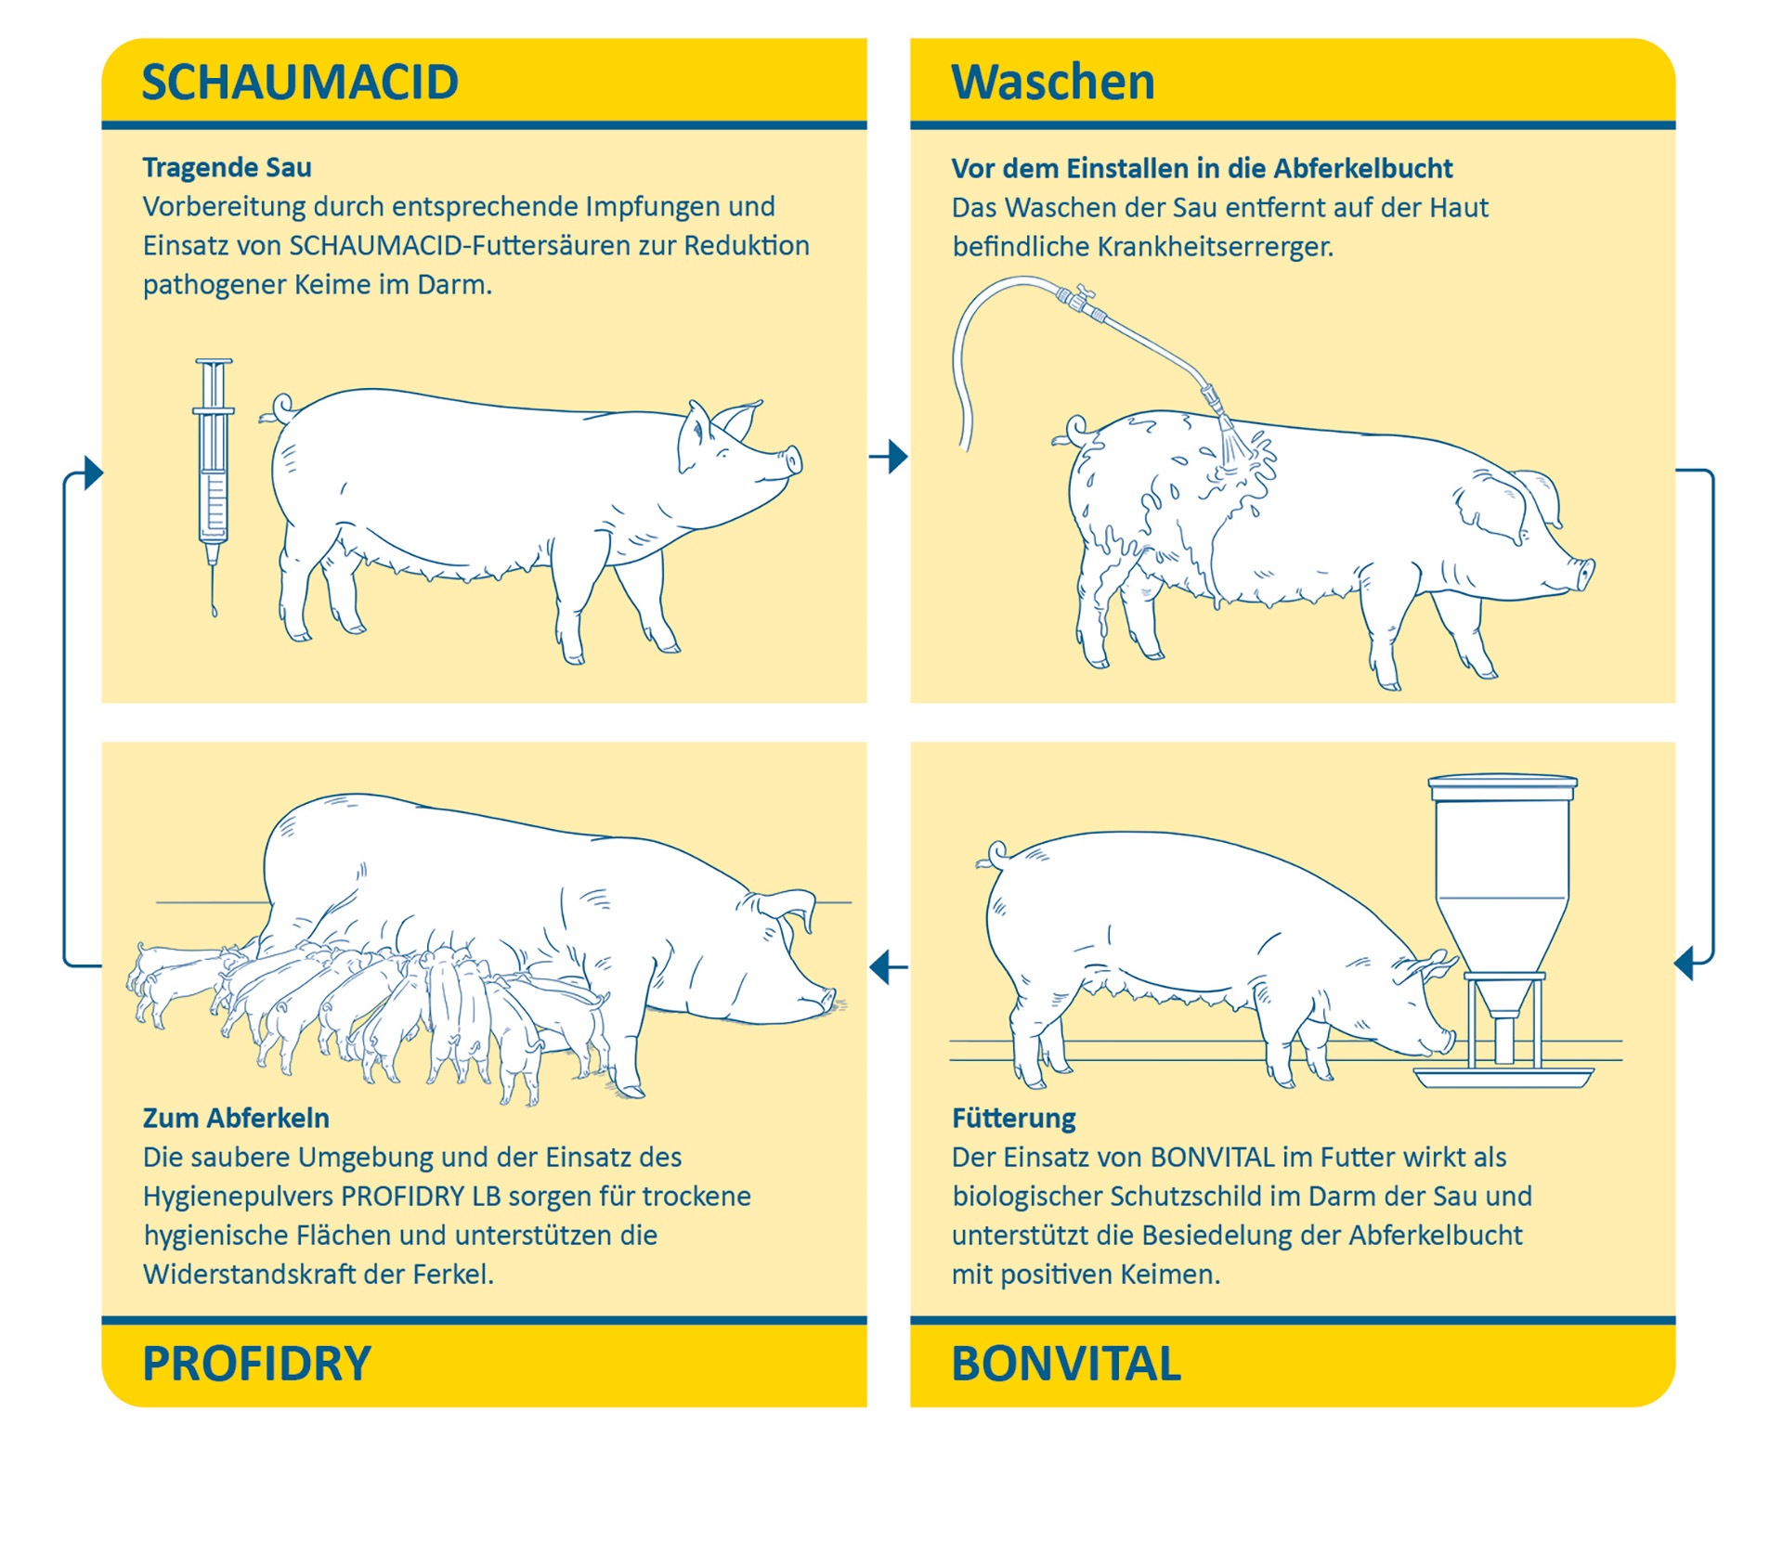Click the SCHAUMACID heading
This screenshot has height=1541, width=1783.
(300, 82)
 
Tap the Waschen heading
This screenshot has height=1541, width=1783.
(1053, 82)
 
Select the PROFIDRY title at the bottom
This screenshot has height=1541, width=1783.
(256, 1364)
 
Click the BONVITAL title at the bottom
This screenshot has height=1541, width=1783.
(1066, 1364)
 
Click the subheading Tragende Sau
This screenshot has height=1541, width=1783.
(227, 168)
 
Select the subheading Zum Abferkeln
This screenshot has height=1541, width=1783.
(236, 1118)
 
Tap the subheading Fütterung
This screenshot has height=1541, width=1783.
(1013, 1119)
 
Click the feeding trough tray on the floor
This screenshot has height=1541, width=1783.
(1503, 1077)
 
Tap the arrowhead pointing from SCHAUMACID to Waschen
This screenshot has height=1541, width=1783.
(898, 456)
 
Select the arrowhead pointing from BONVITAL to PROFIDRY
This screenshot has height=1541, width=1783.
(879, 967)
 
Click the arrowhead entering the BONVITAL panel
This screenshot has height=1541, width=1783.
(1684, 963)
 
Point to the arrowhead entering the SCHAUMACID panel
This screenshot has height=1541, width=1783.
(94, 473)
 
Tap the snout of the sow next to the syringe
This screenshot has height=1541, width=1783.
(791, 460)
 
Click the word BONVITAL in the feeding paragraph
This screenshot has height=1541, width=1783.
(1212, 1158)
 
